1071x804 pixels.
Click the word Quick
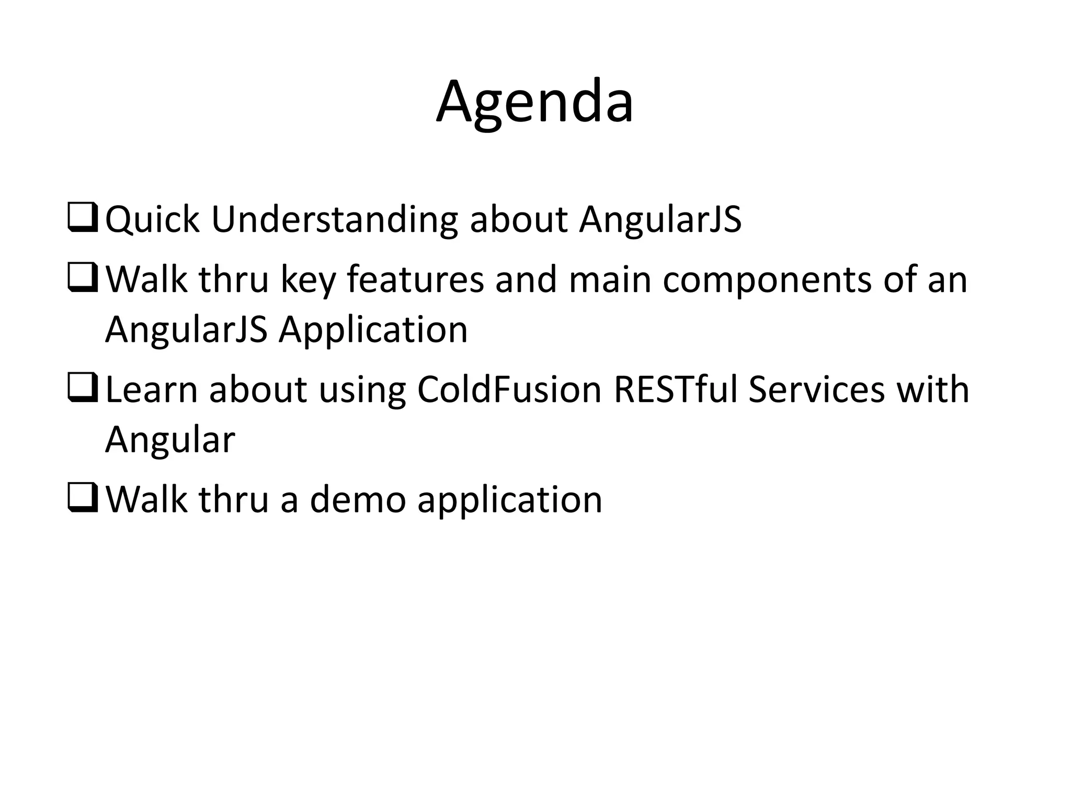pyautogui.click(x=152, y=220)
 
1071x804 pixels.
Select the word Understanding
pyautogui.click(x=334, y=220)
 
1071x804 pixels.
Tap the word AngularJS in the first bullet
pyautogui.click(x=660, y=220)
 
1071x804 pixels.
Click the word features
pyautogui.click(x=415, y=280)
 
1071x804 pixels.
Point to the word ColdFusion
pyautogui.click(x=509, y=390)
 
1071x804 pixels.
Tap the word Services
pyautogui.click(x=816, y=390)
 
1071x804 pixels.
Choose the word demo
pyautogui.click(x=358, y=500)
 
